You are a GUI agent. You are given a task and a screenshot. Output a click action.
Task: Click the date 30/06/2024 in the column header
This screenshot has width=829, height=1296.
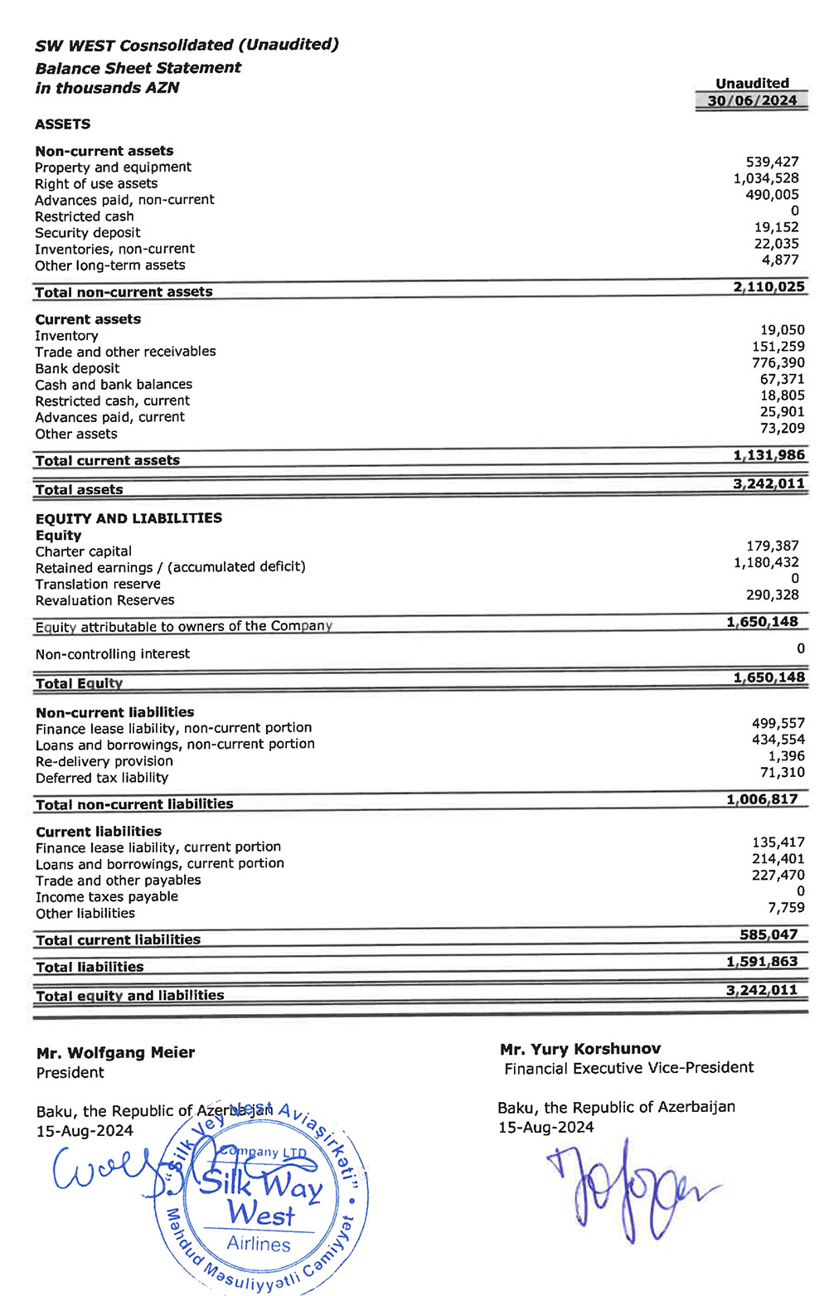point(752,101)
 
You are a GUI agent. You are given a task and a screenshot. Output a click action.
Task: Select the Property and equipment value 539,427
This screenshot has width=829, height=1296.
point(772,163)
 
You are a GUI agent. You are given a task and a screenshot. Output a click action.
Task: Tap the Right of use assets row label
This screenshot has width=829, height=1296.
point(96,184)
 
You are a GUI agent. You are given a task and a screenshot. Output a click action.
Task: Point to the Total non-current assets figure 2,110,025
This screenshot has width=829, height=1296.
point(768,287)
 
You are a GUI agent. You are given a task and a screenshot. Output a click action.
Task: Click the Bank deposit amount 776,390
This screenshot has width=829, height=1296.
point(778,363)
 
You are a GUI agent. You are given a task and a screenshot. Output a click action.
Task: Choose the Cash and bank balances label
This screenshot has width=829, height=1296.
point(114,385)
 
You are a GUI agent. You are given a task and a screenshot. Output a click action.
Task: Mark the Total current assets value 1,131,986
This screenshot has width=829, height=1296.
point(768,455)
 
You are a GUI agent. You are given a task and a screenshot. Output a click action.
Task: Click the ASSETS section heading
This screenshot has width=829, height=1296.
point(63,124)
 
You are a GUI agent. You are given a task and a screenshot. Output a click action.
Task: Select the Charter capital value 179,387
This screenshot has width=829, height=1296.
point(773,546)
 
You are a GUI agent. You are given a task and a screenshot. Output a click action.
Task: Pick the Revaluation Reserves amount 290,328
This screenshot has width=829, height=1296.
point(773,595)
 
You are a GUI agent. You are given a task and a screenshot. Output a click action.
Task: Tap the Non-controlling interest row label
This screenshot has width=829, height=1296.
point(113,654)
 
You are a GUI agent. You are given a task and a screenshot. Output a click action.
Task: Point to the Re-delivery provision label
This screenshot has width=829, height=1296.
point(104,761)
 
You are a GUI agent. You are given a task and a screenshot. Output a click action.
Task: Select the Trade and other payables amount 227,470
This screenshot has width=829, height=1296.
point(778,876)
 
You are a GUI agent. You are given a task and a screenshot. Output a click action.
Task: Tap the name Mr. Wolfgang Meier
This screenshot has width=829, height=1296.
point(116,1053)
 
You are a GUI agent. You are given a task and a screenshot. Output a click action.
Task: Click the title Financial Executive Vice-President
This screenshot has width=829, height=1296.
point(629,1068)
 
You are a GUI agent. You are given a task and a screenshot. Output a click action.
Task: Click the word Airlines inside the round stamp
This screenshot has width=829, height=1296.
point(259,1244)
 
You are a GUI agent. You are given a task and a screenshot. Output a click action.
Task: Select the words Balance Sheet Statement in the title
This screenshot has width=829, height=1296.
point(138,68)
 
